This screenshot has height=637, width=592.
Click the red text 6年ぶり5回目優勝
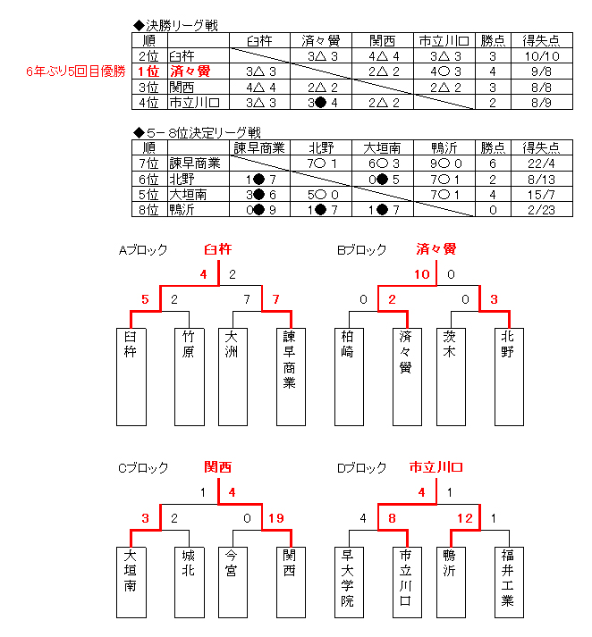click(x=76, y=71)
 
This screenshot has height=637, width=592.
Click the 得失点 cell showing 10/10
click(x=542, y=56)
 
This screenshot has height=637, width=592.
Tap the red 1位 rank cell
click(x=149, y=71)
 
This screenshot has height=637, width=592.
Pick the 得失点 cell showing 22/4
click(x=542, y=163)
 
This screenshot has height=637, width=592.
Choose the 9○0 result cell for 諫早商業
click(x=444, y=163)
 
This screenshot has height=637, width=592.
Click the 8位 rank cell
click(x=149, y=210)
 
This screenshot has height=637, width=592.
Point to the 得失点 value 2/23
click(x=542, y=210)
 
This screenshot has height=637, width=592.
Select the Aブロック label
click(x=143, y=250)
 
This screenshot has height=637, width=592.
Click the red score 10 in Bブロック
click(x=421, y=274)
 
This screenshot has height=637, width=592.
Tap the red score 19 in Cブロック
click(x=276, y=518)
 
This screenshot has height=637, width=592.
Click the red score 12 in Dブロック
click(x=465, y=518)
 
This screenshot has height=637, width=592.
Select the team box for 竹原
click(x=190, y=377)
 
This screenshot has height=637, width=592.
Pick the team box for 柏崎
click(x=349, y=377)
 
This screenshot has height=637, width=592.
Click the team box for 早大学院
click(x=349, y=583)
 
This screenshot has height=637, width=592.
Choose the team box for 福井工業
click(x=509, y=583)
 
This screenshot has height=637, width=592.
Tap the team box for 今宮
click(x=233, y=583)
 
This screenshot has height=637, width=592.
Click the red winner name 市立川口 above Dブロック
click(x=436, y=467)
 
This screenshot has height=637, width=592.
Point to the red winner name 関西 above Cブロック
click(x=218, y=467)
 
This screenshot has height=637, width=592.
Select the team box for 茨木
click(x=451, y=377)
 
